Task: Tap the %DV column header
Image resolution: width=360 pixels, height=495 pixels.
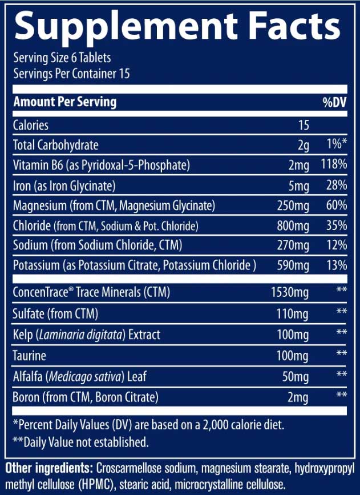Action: coord(334,103)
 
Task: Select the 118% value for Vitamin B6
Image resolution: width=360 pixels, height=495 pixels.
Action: coord(334,166)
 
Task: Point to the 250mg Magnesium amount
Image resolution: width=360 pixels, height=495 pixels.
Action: coord(293,206)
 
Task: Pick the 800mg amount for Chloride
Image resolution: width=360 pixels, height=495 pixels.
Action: coord(293,226)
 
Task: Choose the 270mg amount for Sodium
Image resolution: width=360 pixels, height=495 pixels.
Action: coord(293,246)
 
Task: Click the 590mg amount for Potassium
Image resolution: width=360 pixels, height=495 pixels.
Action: coord(293,265)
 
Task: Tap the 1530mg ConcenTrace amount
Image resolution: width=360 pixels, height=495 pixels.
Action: coord(290,293)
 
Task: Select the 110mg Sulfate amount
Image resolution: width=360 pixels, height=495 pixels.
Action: coord(293,313)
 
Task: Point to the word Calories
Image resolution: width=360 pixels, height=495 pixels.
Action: coord(31,126)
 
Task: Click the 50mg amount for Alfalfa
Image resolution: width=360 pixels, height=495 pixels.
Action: coord(296,376)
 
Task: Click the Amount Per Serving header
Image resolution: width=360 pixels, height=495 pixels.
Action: coord(64,103)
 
